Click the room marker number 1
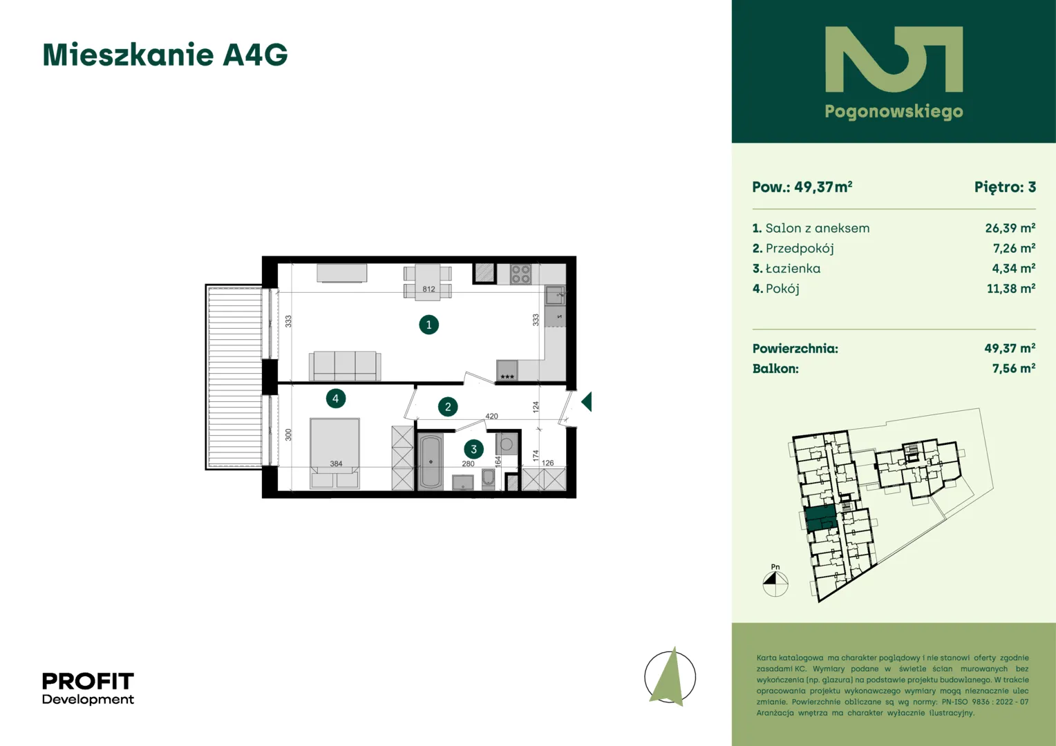point(428,325)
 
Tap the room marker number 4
point(336,399)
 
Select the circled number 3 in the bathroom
point(473,450)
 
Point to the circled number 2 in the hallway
point(448,407)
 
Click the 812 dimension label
point(428,289)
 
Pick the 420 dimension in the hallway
point(491,416)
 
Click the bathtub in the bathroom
point(431,462)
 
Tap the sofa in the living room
point(345,365)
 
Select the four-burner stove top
point(520,274)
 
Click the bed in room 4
point(334,453)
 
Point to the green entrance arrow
point(587,402)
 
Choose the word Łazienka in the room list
point(793,269)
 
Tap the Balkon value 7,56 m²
point(1014,369)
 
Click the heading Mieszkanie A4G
point(165,55)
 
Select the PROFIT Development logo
point(88,689)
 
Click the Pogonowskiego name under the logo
point(894,112)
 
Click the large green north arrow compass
point(670,677)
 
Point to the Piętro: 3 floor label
point(1005,187)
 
